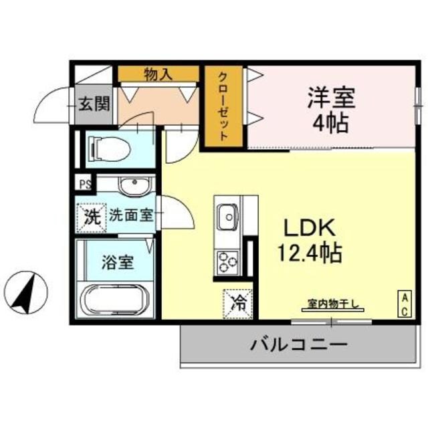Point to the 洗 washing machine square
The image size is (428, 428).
[x=90, y=215]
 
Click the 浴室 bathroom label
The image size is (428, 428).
[x=117, y=262]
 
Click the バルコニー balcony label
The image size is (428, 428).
[x=299, y=346]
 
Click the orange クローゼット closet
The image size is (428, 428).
[x=223, y=107]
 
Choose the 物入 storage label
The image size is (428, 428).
[x=159, y=74]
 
